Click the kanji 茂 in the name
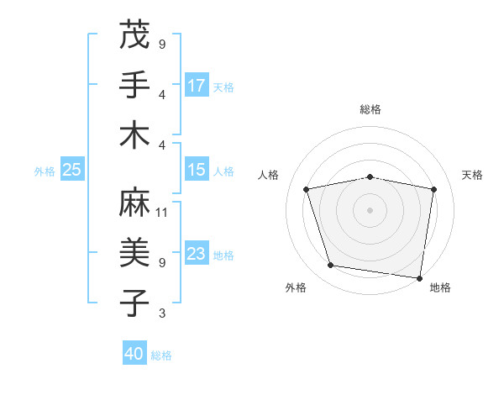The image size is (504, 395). (x=134, y=34)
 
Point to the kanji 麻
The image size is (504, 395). (x=134, y=203)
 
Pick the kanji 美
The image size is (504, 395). (x=134, y=253)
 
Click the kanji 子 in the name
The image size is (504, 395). (x=134, y=303)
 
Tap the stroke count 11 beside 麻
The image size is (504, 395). (x=162, y=212)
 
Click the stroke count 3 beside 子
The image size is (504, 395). (x=162, y=313)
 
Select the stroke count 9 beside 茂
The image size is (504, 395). (x=162, y=44)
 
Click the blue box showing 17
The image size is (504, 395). (x=197, y=85)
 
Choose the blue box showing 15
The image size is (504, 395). (x=197, y=170)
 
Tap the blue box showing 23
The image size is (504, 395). (x=197, y=254)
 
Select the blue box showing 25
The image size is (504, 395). (x=72, y=170)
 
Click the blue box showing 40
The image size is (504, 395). (x=134, y=354)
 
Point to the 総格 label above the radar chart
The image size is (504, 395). (x=370, y=109)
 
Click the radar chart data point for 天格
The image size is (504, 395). (x=433, y=189)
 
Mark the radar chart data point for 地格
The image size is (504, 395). (x=420, y=277)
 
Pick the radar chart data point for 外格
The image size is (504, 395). (x=331, y=266)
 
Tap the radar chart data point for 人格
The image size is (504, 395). (x=307, y=189)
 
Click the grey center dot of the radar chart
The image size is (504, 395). (x=370, y=209)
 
